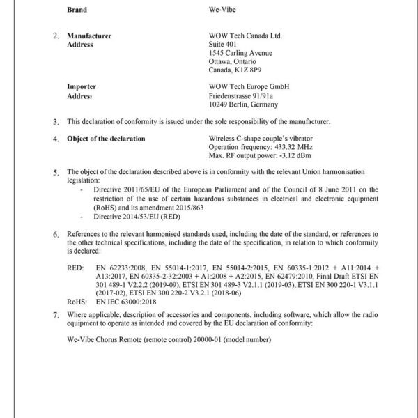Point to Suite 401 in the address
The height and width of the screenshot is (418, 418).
223,44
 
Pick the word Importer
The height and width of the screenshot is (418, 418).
82,86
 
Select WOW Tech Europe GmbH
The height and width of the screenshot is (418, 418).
249,86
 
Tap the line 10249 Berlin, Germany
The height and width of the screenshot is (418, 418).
243,104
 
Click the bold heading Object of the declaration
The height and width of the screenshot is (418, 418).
106,139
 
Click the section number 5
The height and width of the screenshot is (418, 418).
56,171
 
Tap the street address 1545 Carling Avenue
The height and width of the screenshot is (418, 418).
240,53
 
